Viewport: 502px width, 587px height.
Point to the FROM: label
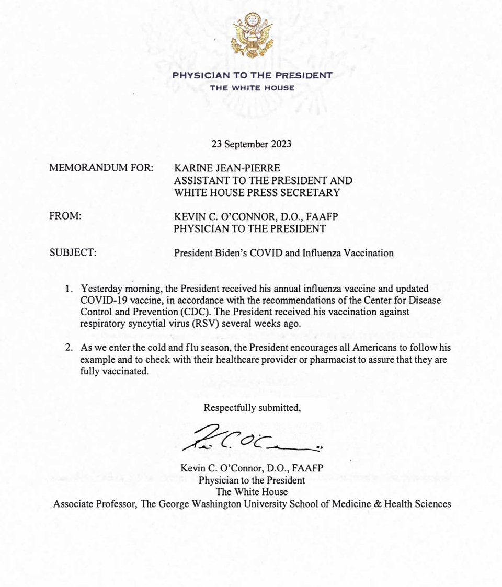pyautogui.click(x=65, y=216)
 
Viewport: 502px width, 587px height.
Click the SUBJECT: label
pyautogui.click(x=73, y=253)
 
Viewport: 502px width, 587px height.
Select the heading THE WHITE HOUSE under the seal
pyautogui.click(x=252, y=88)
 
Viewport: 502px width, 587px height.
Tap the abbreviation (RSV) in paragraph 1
pyautogui.click(x=207, y=324)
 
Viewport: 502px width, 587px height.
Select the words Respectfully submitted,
pyautogui.click(x=252, y=408)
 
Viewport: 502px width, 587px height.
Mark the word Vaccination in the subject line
pyautogui.click(x=371, y=253)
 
